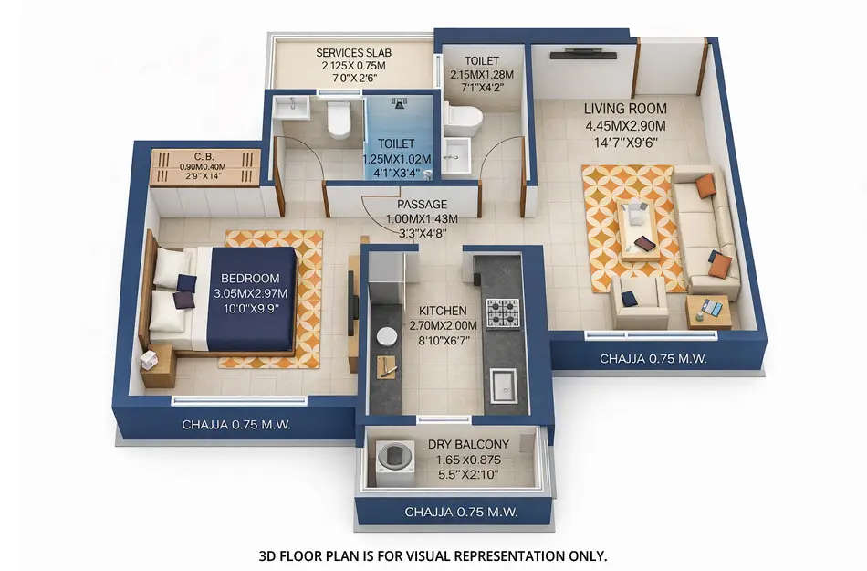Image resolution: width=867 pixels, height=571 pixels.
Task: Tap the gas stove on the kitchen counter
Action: coord(501,313)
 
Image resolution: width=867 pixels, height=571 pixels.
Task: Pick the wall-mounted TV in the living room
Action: coord(583,54)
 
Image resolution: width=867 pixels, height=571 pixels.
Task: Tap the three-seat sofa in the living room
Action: coord(707,228)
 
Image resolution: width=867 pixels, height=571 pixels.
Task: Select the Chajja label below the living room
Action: coord(653,359)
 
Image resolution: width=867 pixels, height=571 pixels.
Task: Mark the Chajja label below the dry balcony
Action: coord(460,512)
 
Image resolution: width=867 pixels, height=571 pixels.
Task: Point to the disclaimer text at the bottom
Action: coord(433,555)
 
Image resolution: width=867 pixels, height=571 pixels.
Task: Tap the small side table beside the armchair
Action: coord(708,312)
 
